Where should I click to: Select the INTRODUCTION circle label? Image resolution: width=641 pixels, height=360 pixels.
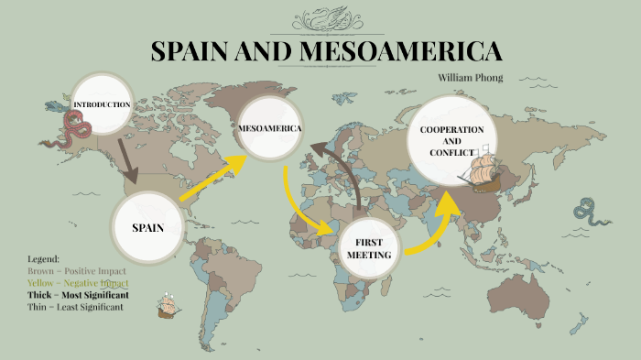(101, 104)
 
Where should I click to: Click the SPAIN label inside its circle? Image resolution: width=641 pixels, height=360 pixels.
(147, 227)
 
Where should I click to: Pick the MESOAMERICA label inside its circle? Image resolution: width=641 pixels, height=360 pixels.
(269, 128)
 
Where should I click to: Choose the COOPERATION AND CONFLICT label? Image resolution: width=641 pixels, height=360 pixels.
(451, 141)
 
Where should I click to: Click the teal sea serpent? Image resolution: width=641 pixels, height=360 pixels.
(586, 213)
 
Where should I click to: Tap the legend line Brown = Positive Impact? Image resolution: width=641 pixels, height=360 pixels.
(77, 272)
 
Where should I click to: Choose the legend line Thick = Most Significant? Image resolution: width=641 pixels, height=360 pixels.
(78, 296)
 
